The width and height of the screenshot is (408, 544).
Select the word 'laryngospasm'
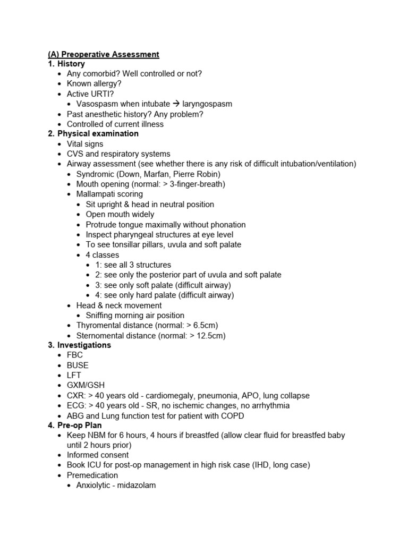pos(207,104)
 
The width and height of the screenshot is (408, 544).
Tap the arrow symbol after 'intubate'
pos(177,104)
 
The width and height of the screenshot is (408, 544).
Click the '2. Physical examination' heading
pos(93,134)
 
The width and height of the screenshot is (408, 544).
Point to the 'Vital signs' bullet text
pos(85,144)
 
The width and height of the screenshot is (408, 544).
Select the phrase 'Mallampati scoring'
pos(109,194)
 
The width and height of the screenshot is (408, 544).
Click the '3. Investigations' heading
pos(79,345)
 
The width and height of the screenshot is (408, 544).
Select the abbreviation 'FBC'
pos(75,355)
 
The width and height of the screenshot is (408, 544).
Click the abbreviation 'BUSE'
pos(78,365)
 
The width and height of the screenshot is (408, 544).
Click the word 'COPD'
pos(232,416)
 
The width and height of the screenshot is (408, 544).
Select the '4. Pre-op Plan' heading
pos(75,426)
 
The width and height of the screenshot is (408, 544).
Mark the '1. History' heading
pos(66,64)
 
